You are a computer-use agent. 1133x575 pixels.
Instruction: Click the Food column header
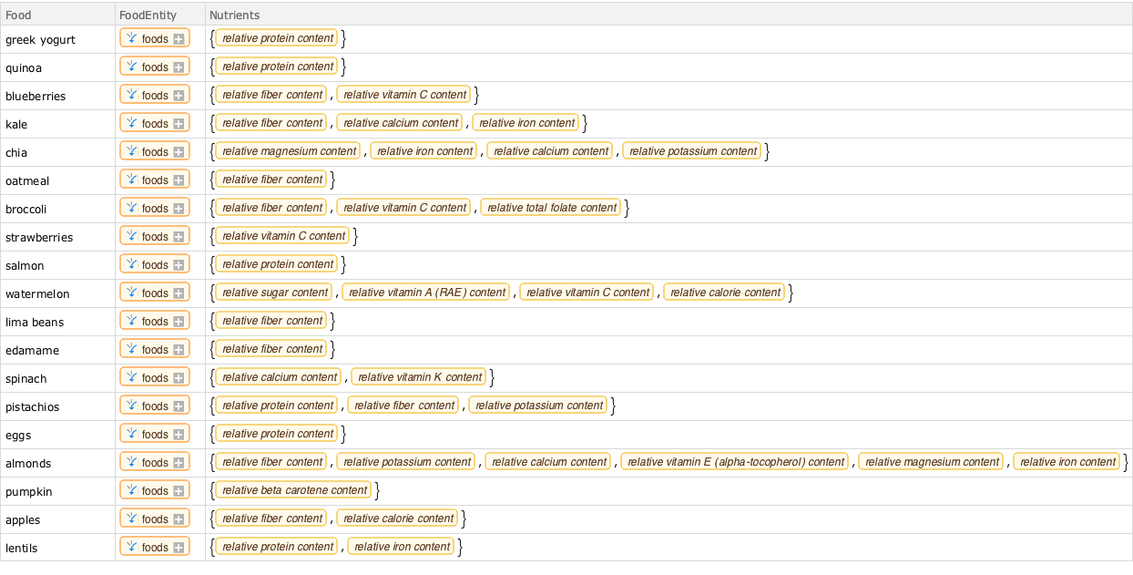(19, 15)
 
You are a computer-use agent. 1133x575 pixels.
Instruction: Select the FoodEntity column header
(148, 15)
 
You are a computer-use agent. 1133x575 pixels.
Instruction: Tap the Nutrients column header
(234, 15)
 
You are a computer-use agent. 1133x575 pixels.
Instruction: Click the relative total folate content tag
(551, 208)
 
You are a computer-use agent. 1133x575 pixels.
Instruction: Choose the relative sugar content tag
(275, 293)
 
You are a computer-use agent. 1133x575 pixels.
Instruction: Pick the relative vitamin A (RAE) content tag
(427, 293)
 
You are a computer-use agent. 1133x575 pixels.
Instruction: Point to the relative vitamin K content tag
(419, 377)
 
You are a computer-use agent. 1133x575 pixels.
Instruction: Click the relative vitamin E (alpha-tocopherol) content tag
(736, 462)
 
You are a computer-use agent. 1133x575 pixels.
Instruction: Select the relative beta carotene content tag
(294, 490)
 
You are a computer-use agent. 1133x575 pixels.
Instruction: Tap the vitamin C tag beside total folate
(404, 208)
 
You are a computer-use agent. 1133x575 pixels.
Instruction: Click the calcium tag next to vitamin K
(280, 377)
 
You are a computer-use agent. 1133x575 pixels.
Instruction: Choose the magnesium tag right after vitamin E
(932, 462)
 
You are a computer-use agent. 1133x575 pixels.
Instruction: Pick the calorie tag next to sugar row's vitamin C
(724, 293)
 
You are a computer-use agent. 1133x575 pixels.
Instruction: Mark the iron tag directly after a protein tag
(402, 547)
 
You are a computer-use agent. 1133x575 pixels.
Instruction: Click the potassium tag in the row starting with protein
(538, 406)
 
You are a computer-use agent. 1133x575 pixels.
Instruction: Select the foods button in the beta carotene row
(154, 490)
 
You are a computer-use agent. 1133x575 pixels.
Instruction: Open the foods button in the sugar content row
(154, 293)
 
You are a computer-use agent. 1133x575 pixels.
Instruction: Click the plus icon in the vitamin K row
(179, 377)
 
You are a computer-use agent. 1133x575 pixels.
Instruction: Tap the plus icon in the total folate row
(179, 208)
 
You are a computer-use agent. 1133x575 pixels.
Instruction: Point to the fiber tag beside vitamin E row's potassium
(272, 462)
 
